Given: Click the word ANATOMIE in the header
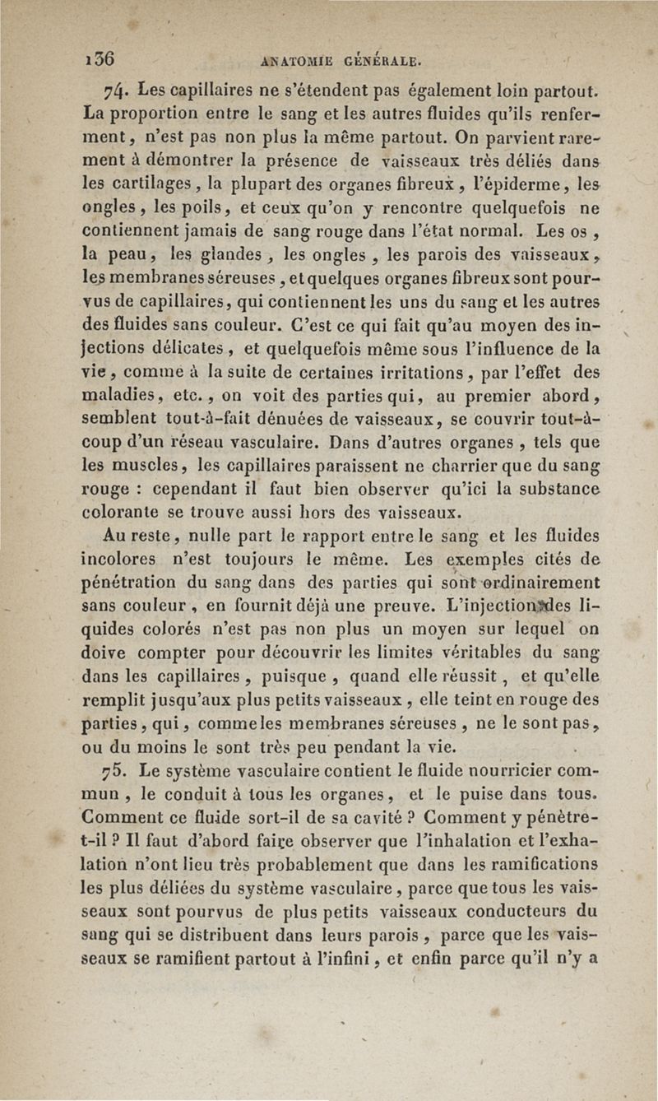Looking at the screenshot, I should (293, 60).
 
